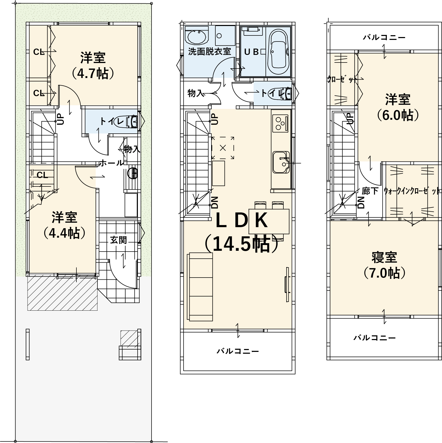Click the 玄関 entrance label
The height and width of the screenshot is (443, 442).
pyautogui.click(x=118, y=240)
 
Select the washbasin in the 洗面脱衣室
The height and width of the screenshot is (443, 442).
pyautogui.click(x=196, y=37)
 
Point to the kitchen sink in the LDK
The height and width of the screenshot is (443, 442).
pyautogui.click(x=281, y=162)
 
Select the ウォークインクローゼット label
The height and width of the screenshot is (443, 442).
pyautogui.click(x=412, y=191)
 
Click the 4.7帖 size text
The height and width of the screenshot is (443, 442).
pyautogui.click(x=93, y=74)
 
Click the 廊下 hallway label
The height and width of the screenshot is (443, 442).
pyautogui.click(x=370, y=191)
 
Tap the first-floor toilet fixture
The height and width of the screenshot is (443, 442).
pyautogui.click(x=132, y=122)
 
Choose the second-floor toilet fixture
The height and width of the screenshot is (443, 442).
pyautogui.click(x=285, y=94)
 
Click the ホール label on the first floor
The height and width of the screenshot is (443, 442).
pyautogui.click(x=111, y=163)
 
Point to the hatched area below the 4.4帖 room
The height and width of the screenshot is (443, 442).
pyautogui.click(x=63, y=293)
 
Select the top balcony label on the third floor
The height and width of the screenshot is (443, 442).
pyautogui.click(x=384, y=38)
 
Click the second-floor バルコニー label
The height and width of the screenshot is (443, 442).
pyautogui.click(x=238, y=351)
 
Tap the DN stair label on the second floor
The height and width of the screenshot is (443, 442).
pyautogui.click(x=215, y=202)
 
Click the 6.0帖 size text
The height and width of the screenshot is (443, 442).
pyautogui.click(x=398, y=115)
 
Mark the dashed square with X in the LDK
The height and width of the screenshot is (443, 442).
pyautogui.click(x=223, y=148)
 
